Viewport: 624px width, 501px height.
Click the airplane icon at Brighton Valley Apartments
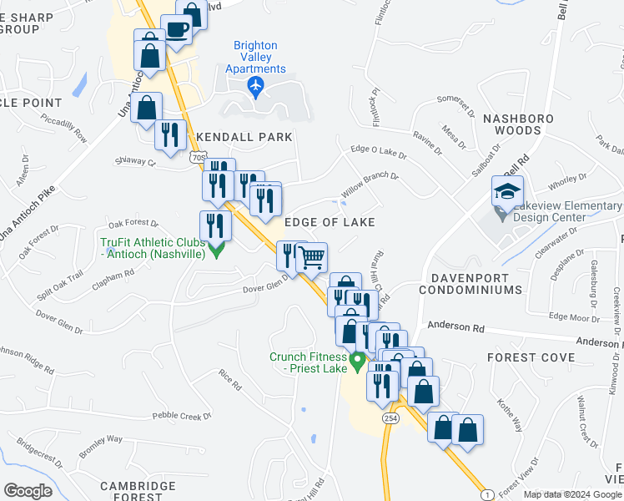click(x=255, y=85)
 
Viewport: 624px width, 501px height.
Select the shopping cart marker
click(x=311, y=257)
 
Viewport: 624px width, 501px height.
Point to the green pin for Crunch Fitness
click(x=359, y=362)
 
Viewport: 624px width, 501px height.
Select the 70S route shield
click(x=198, y=156)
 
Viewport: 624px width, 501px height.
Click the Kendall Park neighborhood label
click(x=244, y=137)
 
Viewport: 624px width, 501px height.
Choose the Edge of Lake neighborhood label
click(x=330, y=222)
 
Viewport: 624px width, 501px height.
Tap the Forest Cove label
click(x=531, y=357)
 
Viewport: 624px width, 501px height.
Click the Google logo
click(x=28, y=491)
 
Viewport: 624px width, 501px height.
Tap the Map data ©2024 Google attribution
click(x=572, y=494)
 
